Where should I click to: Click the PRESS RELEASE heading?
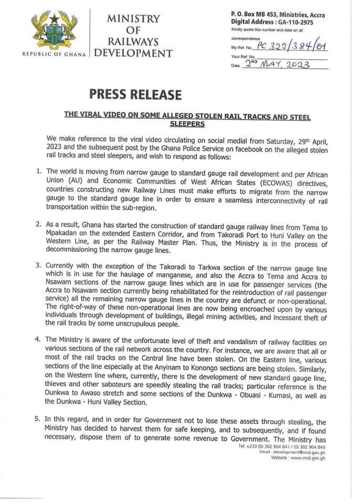click(x=135, y=95)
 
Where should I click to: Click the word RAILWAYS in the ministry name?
click(x=133, y=41)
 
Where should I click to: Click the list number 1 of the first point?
click(x=38, y=171)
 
